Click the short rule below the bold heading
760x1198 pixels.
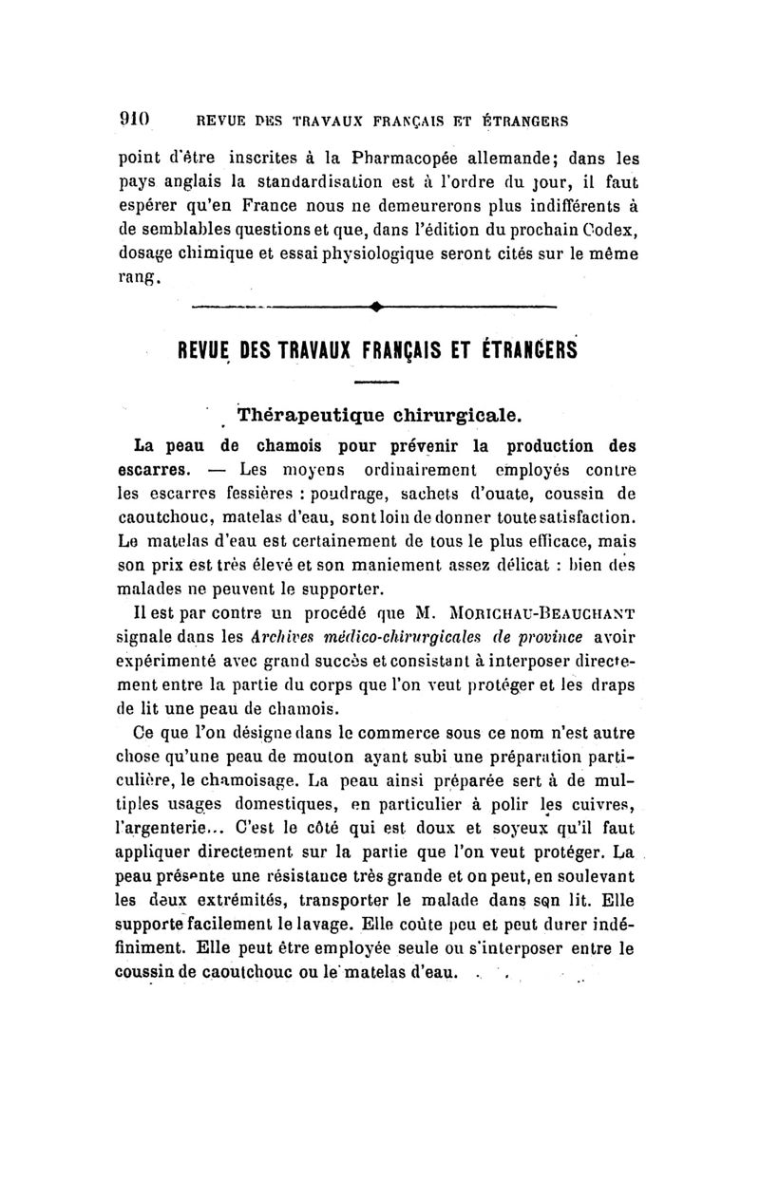click(375, 383)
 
